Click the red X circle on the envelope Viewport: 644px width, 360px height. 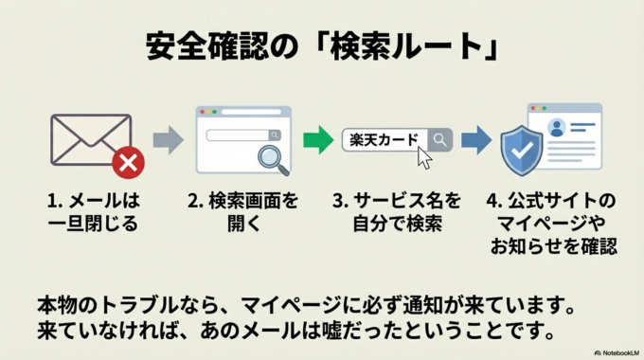(128, 164)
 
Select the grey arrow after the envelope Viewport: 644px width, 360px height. (168, 141)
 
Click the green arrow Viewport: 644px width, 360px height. (317, 141)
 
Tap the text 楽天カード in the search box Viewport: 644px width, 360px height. (384, 140)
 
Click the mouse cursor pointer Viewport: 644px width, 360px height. (423, 157)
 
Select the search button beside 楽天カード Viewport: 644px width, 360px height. (440, 140)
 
